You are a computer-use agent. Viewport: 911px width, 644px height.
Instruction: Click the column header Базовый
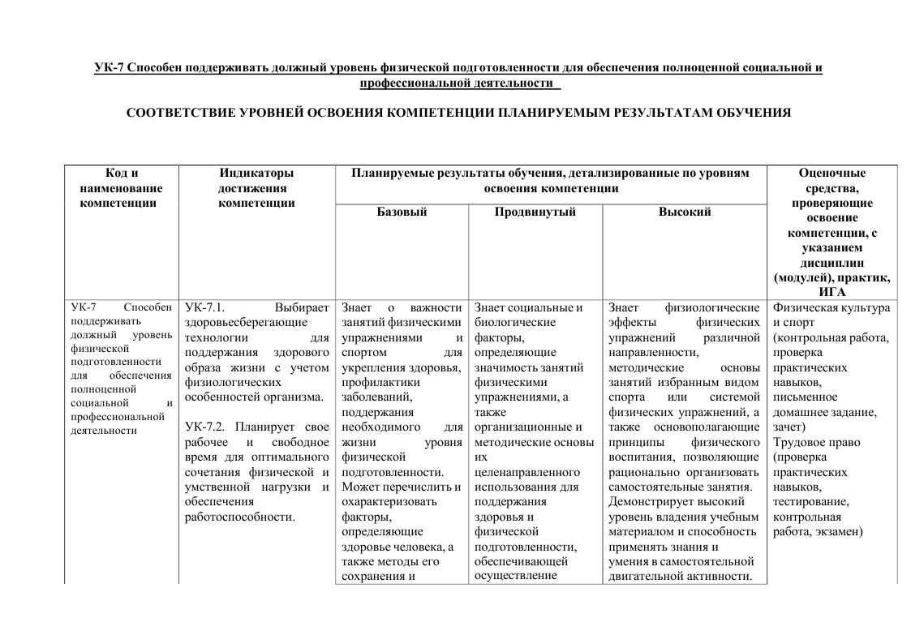(x=402, y=212)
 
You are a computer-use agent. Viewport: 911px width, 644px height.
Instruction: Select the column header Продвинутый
(x=535, y=212)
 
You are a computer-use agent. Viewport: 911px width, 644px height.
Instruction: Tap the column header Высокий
(x=685, y=212)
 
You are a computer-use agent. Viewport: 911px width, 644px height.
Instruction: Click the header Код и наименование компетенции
(x=122, y=187)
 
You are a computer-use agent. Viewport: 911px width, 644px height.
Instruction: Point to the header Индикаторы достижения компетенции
(x=256, y=187)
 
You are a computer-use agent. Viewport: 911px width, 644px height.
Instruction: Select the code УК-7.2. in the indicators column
(x=205, y=427)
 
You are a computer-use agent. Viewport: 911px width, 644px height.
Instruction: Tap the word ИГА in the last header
(x=832, y=292)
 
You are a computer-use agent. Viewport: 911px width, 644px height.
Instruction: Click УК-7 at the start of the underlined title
(x=110, y=68)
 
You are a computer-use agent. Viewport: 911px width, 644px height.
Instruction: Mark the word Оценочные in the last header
(x=832, y=173)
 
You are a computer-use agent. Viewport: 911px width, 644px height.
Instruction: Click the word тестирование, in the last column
(x=811, y=502)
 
